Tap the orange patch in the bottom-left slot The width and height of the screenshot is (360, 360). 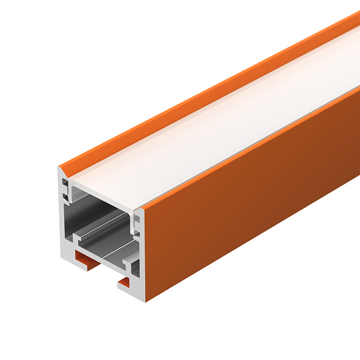tap(84, 258)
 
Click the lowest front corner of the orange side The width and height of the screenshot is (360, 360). tap(146, 300)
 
